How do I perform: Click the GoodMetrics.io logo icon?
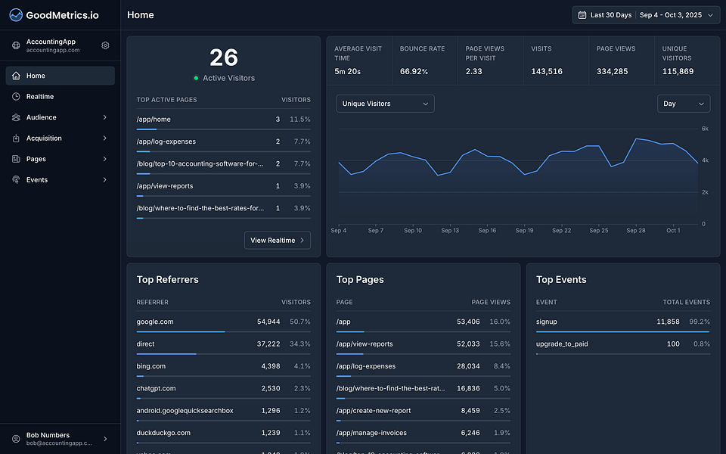pos(16,15)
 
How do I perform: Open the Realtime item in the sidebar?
pos(39,97)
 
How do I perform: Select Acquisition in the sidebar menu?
pos(43,138)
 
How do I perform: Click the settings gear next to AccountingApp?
pos(105,45)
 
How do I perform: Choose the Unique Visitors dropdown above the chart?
pos(385,104)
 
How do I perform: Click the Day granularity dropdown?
pos(683,104)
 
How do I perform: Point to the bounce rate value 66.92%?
pos(414,71)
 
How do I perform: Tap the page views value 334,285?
pos(612,71)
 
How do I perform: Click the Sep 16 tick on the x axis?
pos(488,231)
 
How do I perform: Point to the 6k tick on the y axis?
pos(704,129)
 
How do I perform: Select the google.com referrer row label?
pos(155,322)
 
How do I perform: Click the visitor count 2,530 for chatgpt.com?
pos(270,388)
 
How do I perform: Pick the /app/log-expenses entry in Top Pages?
pos(366,366)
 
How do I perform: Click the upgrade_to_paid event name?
pos(562,344)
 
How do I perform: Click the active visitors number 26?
pos(224,58)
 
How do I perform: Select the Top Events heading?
pos(561,280)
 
